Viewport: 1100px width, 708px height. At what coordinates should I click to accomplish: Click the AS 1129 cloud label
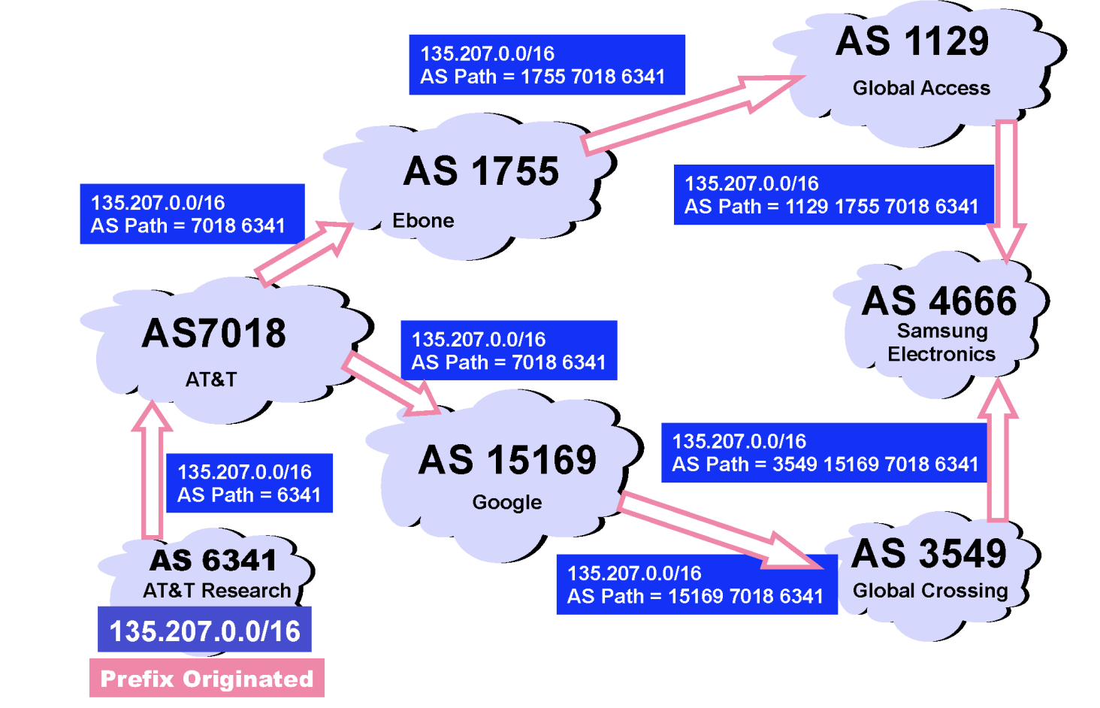tap(912, 42)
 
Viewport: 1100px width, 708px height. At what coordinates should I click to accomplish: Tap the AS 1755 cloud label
tap(481, 171)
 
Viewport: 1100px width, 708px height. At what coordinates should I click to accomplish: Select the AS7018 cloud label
tap(214, 333)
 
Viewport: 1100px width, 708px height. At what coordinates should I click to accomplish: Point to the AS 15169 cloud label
tap(507, 460)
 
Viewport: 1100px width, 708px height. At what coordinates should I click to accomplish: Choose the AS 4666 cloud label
tap(939, 301)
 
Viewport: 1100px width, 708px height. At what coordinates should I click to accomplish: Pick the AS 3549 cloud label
tap(929, 554)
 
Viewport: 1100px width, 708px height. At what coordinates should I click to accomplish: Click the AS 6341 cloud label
tap(213, 561)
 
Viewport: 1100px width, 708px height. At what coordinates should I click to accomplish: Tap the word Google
tap(507, 502)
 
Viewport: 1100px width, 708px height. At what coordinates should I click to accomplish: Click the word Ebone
tap(423, 221)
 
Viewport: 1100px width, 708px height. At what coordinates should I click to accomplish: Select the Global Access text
tap(921, 89)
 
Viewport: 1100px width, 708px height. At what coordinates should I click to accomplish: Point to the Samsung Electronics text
tap(941, 343)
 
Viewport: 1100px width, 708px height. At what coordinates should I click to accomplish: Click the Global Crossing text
tap(930, 591)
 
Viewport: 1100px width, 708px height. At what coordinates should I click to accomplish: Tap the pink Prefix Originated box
tap(207, 678)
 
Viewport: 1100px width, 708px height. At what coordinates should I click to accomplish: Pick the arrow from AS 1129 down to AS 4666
tap(1005, 188)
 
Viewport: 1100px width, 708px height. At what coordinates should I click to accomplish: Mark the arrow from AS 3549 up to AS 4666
tap(997, 451)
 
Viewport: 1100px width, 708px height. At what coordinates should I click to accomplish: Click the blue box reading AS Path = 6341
tap(249, 483)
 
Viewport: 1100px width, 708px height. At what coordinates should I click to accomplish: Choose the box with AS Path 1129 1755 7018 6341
tap(833, 195)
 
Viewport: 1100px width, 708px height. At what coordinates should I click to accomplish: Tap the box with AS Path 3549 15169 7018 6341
tap(824, 452)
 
